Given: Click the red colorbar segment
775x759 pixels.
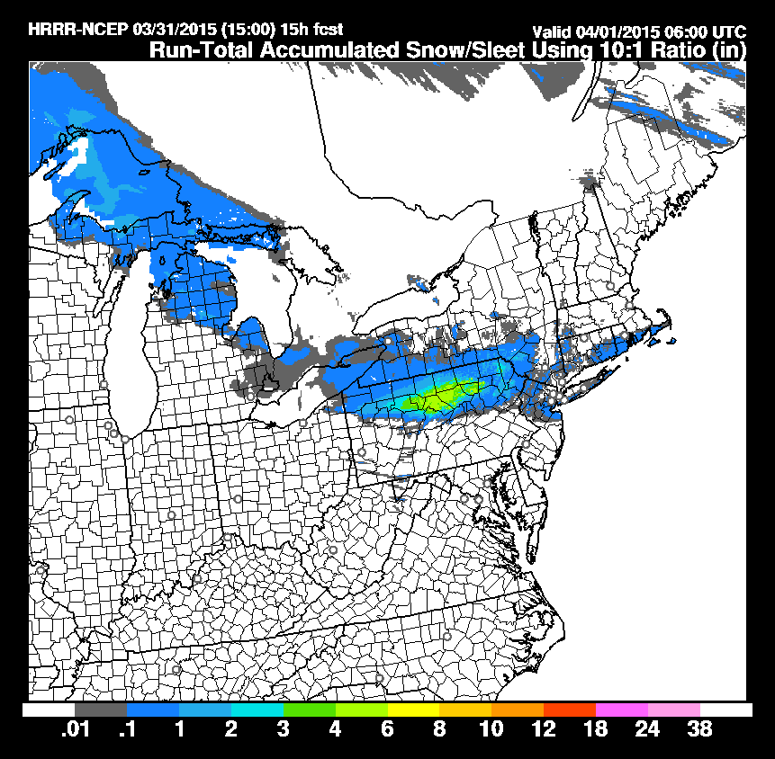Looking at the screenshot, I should pyautogui.click(x=570, y=709).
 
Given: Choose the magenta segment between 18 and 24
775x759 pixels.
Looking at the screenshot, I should pyautogui.click(x=622, y=709).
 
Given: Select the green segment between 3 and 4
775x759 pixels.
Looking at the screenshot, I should pyautogui.click(x=309, y=709).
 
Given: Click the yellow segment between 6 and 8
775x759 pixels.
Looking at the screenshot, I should pyautogui.click(x=413, y=709).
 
